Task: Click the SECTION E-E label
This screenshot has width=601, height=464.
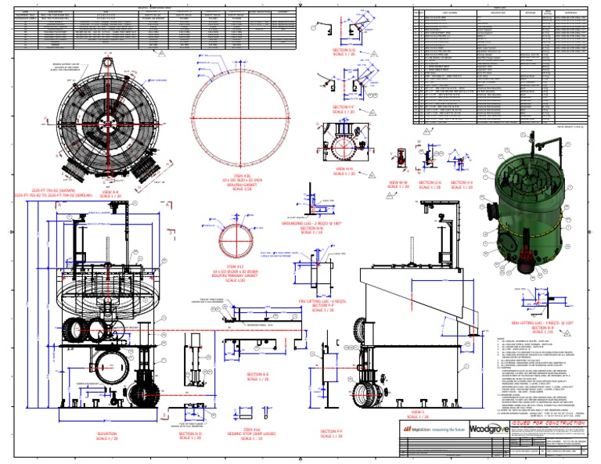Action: click(258, 377)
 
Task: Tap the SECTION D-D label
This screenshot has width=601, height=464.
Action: click(190, 435)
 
